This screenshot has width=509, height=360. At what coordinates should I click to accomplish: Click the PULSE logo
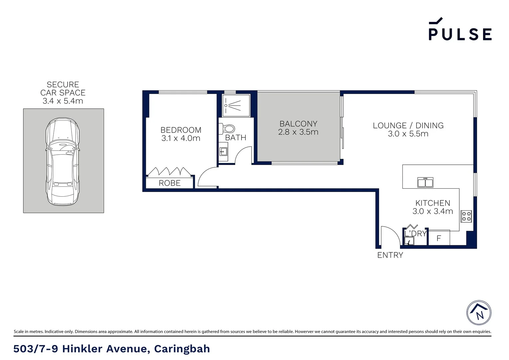pyautogui.click(x=460, y=30)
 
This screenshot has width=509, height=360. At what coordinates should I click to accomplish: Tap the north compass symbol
pyautogui.click(x=479, y=313)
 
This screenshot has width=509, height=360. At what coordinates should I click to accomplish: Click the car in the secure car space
pyautogui.click(x=63, y=161)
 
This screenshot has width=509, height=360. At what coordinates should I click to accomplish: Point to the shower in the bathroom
pyautogui.click(x=236, y=106)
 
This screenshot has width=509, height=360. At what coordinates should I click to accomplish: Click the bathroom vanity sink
pyautogui.click(x=223, y=152)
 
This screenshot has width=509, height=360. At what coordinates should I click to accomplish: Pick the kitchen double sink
pyautogui.click(x=425, y=183)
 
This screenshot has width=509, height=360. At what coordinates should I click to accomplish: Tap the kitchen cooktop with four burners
pyautogui.click(x=466, y=216)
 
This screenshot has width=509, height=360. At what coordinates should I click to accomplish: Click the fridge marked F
pyautogui.click(x=439, y=238)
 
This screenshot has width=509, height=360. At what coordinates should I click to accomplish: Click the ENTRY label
pyautogui.click(x=390, y=255)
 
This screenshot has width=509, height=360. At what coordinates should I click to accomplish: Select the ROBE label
pyautogui.click(x=170, y=183)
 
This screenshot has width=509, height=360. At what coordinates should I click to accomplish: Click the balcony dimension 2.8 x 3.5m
pyautogui.click(x=298, y=132)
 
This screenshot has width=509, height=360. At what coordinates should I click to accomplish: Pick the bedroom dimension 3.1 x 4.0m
pyautogui.click(x=181, y=138)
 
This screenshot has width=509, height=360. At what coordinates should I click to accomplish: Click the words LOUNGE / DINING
pyautogui.click(x=408, y=126)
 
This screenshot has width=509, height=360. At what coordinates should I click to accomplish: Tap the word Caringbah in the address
pyautogui.click(x=182, y=349)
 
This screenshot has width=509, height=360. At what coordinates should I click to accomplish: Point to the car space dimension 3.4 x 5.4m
pyautogui.click(x=63, y=101)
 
